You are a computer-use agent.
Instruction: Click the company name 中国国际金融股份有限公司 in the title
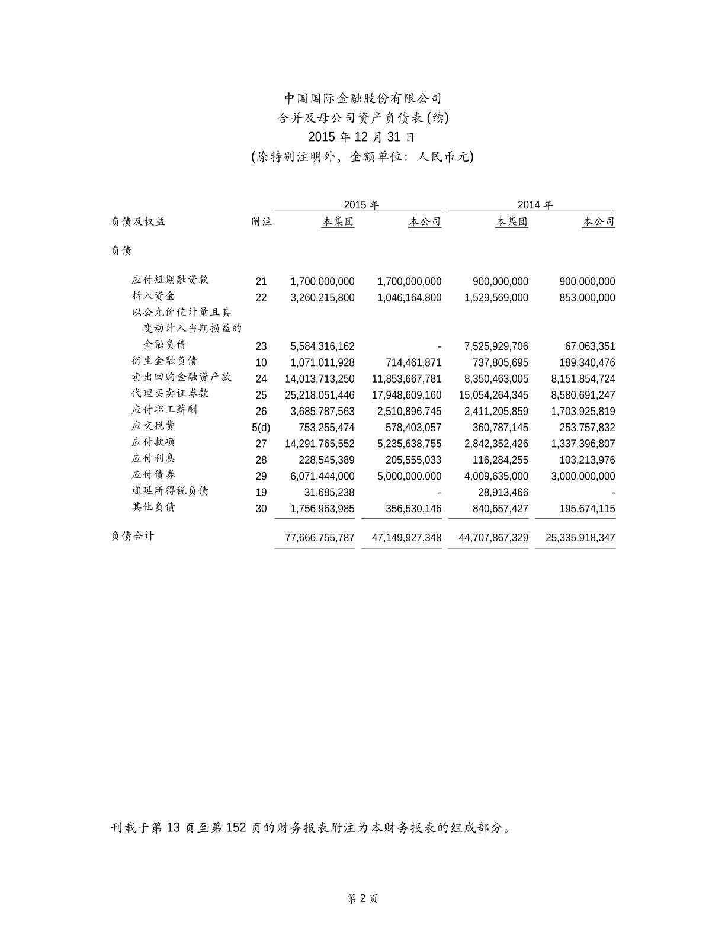coord(362,98)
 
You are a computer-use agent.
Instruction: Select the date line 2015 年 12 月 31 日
coord(361,137)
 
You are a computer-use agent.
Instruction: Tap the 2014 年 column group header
coord(535,205)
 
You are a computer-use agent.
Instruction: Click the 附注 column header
coord(261,221)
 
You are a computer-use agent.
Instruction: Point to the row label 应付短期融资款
coord(170,280)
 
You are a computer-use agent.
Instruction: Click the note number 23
coord(261,346)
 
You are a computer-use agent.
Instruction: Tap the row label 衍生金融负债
coord(165,361)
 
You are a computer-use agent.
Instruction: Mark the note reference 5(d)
coord(261,428)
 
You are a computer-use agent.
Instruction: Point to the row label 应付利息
coord(153,458)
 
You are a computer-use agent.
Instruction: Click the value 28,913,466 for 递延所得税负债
coord(503,492)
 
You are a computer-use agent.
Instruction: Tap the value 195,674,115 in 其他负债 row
coord(583,509)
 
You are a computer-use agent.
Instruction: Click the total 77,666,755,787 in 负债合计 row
coord(319,538)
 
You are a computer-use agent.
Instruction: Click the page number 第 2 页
coord(362,898)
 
